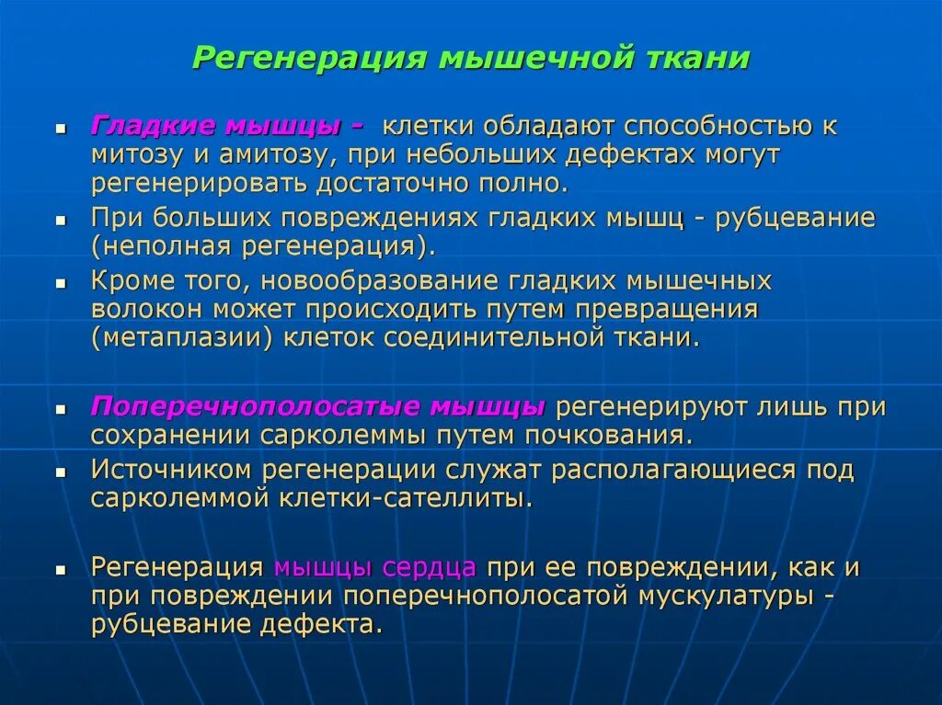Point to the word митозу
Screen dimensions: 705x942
(x=137, y=154)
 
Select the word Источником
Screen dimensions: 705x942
(x=172, y=470)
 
